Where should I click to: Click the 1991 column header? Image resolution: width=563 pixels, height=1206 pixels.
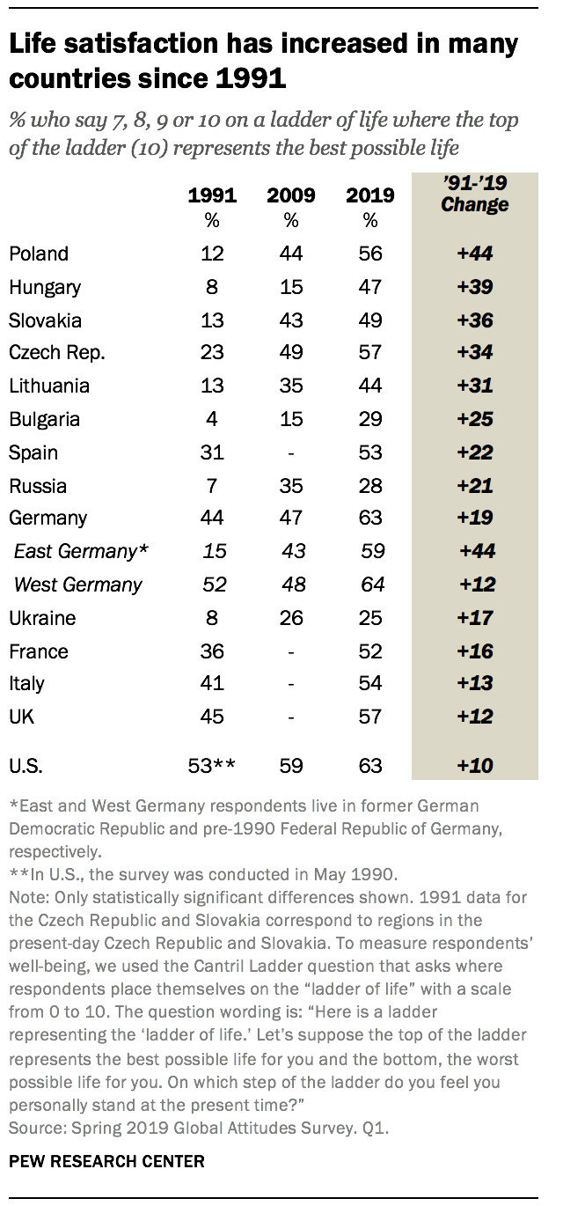pyautogui.click(x=212, y=196)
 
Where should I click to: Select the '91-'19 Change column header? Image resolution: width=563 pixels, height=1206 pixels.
pyautogui.click(x=475, y=195)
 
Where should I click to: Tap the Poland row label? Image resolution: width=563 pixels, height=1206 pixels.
pyautogui.click(x=39, y=254)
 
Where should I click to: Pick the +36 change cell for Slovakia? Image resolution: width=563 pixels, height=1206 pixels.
pyautogui.click(x=475, y=320)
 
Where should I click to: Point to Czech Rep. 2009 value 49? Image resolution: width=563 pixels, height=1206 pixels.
pyautogui.click(x=291, y=353)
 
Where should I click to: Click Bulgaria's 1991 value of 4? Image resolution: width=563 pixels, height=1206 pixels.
pyautogui.click(x=212, y=420)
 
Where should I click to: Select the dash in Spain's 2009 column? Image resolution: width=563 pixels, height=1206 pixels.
pyautogui.click(x=291, y=452)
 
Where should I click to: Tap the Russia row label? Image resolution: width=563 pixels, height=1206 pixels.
pyautogui.click(x=38, y=486)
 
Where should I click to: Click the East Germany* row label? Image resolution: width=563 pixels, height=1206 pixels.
pyautogui.click(x=81, y=552)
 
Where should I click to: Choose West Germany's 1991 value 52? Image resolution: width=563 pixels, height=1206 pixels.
pyautogui.click(x=212, y=585)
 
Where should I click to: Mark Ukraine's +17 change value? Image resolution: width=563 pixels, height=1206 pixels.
pyautogui.click(x=475, y=618)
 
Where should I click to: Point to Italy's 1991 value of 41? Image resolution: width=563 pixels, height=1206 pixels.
pyautogui.click(x=212, y=684)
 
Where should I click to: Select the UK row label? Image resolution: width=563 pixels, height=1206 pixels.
pyautogui.click(x=22, y=717)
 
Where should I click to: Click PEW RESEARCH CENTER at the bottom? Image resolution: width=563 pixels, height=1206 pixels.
pyautogui.click(x=106, y=1161)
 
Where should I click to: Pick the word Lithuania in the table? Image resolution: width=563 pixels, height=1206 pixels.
pyautogui.click(x=49, y=386)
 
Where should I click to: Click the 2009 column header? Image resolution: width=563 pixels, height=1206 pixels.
pyautogui.click(x=291, y=196)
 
